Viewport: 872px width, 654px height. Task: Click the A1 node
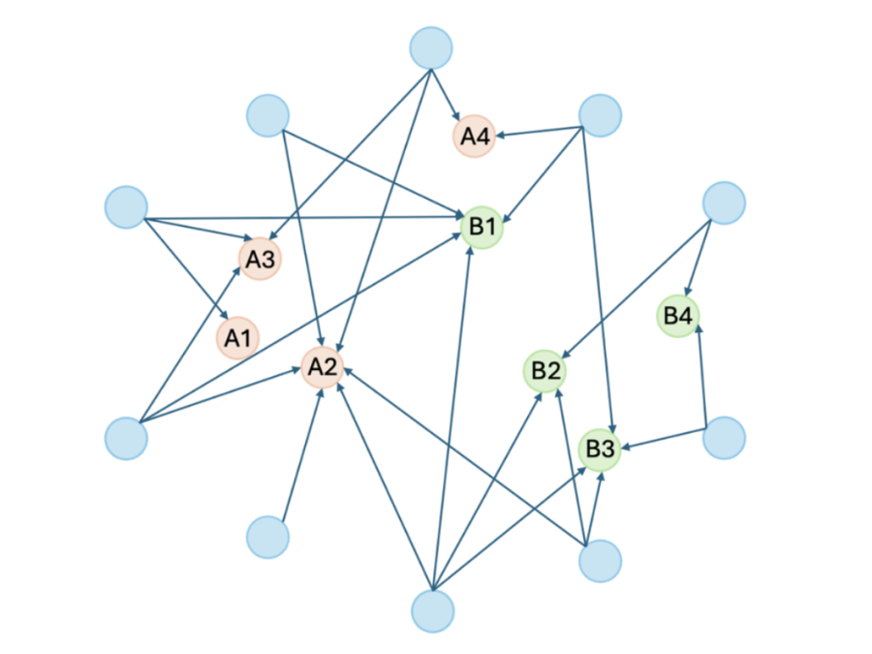coord(237,337)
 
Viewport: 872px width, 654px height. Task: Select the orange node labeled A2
coord(323,367)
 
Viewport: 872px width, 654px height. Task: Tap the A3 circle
coord(260,259)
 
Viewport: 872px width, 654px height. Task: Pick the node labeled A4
coord(475,137)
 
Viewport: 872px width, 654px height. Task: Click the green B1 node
coord(483,227)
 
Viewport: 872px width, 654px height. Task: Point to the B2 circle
coord(545,371)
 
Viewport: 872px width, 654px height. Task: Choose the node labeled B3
coord(600,449)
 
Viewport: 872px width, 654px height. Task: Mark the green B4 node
coord(678,316)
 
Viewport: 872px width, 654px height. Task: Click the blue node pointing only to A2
coord(268,537)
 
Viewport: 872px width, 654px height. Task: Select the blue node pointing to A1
coord(126,207)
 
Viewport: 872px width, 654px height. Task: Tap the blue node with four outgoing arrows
coord(433,611)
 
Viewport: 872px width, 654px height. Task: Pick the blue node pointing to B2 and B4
coord(724,203)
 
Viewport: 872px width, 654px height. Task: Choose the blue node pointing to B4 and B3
coord(724,438)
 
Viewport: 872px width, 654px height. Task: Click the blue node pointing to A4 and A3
coord(431,47)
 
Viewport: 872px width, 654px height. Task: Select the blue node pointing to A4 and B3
coord(600,115)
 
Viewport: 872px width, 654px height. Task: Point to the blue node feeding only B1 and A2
coord(268,115)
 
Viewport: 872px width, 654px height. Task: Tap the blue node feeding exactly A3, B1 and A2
coord(126,438)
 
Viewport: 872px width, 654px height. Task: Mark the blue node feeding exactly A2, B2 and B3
coord(600,561)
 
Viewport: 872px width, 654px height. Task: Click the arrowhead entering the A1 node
coord(225,315)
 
